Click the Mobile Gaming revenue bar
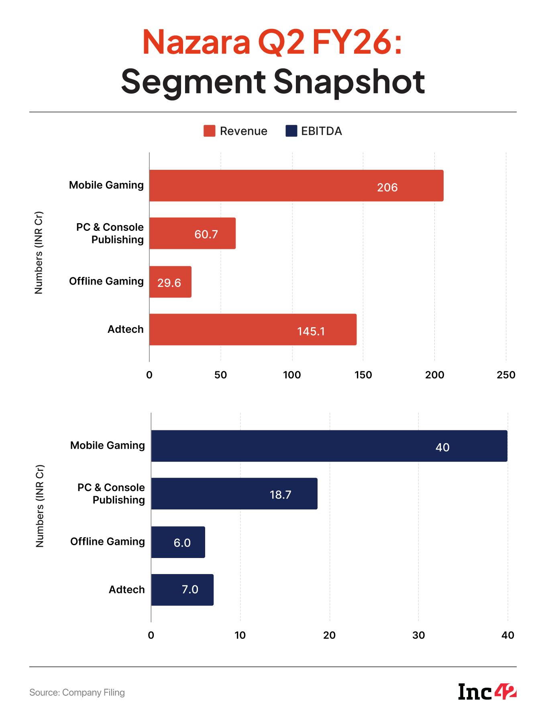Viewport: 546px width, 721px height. [x=296, y=185]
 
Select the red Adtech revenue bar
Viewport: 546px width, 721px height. [x=253, y=330]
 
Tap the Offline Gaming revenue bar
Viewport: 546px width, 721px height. [x=170, y=282]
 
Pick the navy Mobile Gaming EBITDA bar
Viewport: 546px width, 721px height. [x=329, y=446]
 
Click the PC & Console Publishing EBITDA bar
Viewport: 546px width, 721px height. [x=234, y=494]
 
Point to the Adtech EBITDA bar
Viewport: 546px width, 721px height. [x=182, y=590]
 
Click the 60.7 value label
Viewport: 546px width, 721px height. [x=206, y=234]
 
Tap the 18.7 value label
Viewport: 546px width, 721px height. [x=280, y=495]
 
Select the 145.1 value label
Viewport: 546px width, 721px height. [x=311, y=332]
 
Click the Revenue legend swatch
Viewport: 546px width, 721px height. [x=210, y=131]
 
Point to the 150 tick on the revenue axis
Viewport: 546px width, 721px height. [x=363, y=375]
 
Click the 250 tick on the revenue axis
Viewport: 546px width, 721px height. [x=506, y=375]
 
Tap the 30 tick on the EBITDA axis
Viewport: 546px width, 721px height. [x=418, y=635]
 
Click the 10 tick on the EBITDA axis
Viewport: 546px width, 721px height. [x=240, y=635]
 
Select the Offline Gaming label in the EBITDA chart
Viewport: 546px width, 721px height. [x=108, y=542]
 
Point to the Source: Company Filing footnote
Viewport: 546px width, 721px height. [x=77, y=692]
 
